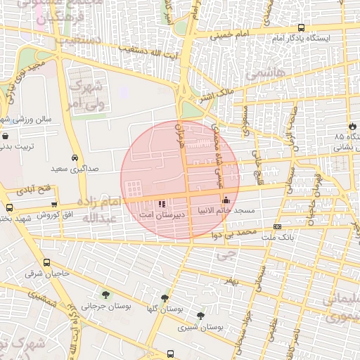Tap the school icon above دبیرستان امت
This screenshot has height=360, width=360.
pos(163,202)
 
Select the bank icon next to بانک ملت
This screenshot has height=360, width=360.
pos(278,227)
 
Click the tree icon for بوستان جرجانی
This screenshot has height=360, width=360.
pos(106,295)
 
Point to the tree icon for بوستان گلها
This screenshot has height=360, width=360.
pos(165,298)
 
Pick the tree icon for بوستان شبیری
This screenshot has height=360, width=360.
pos(201,316)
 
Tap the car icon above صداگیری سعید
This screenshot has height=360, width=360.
pos(75,158)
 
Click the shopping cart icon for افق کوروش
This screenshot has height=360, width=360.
pos(54,204)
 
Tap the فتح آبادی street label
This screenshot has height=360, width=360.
pos(34,190)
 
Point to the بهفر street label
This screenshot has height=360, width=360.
pos(230,281)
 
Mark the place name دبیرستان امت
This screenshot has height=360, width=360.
pos(163,212)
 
